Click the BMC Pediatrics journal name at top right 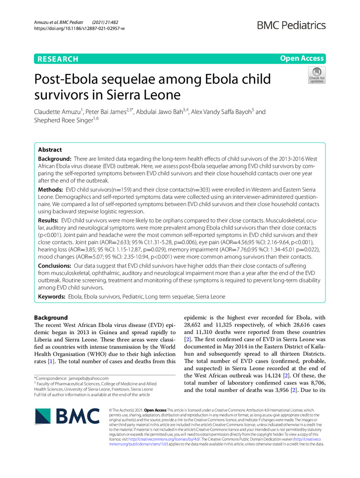click(x=292, y=25)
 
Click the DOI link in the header click(x=79, y=29)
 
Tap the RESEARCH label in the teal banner click(x=56, y=59)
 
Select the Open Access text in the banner click(x=302, y=59)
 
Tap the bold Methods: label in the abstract click(x=52, y=190)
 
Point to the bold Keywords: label click(x=53, y=297)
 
